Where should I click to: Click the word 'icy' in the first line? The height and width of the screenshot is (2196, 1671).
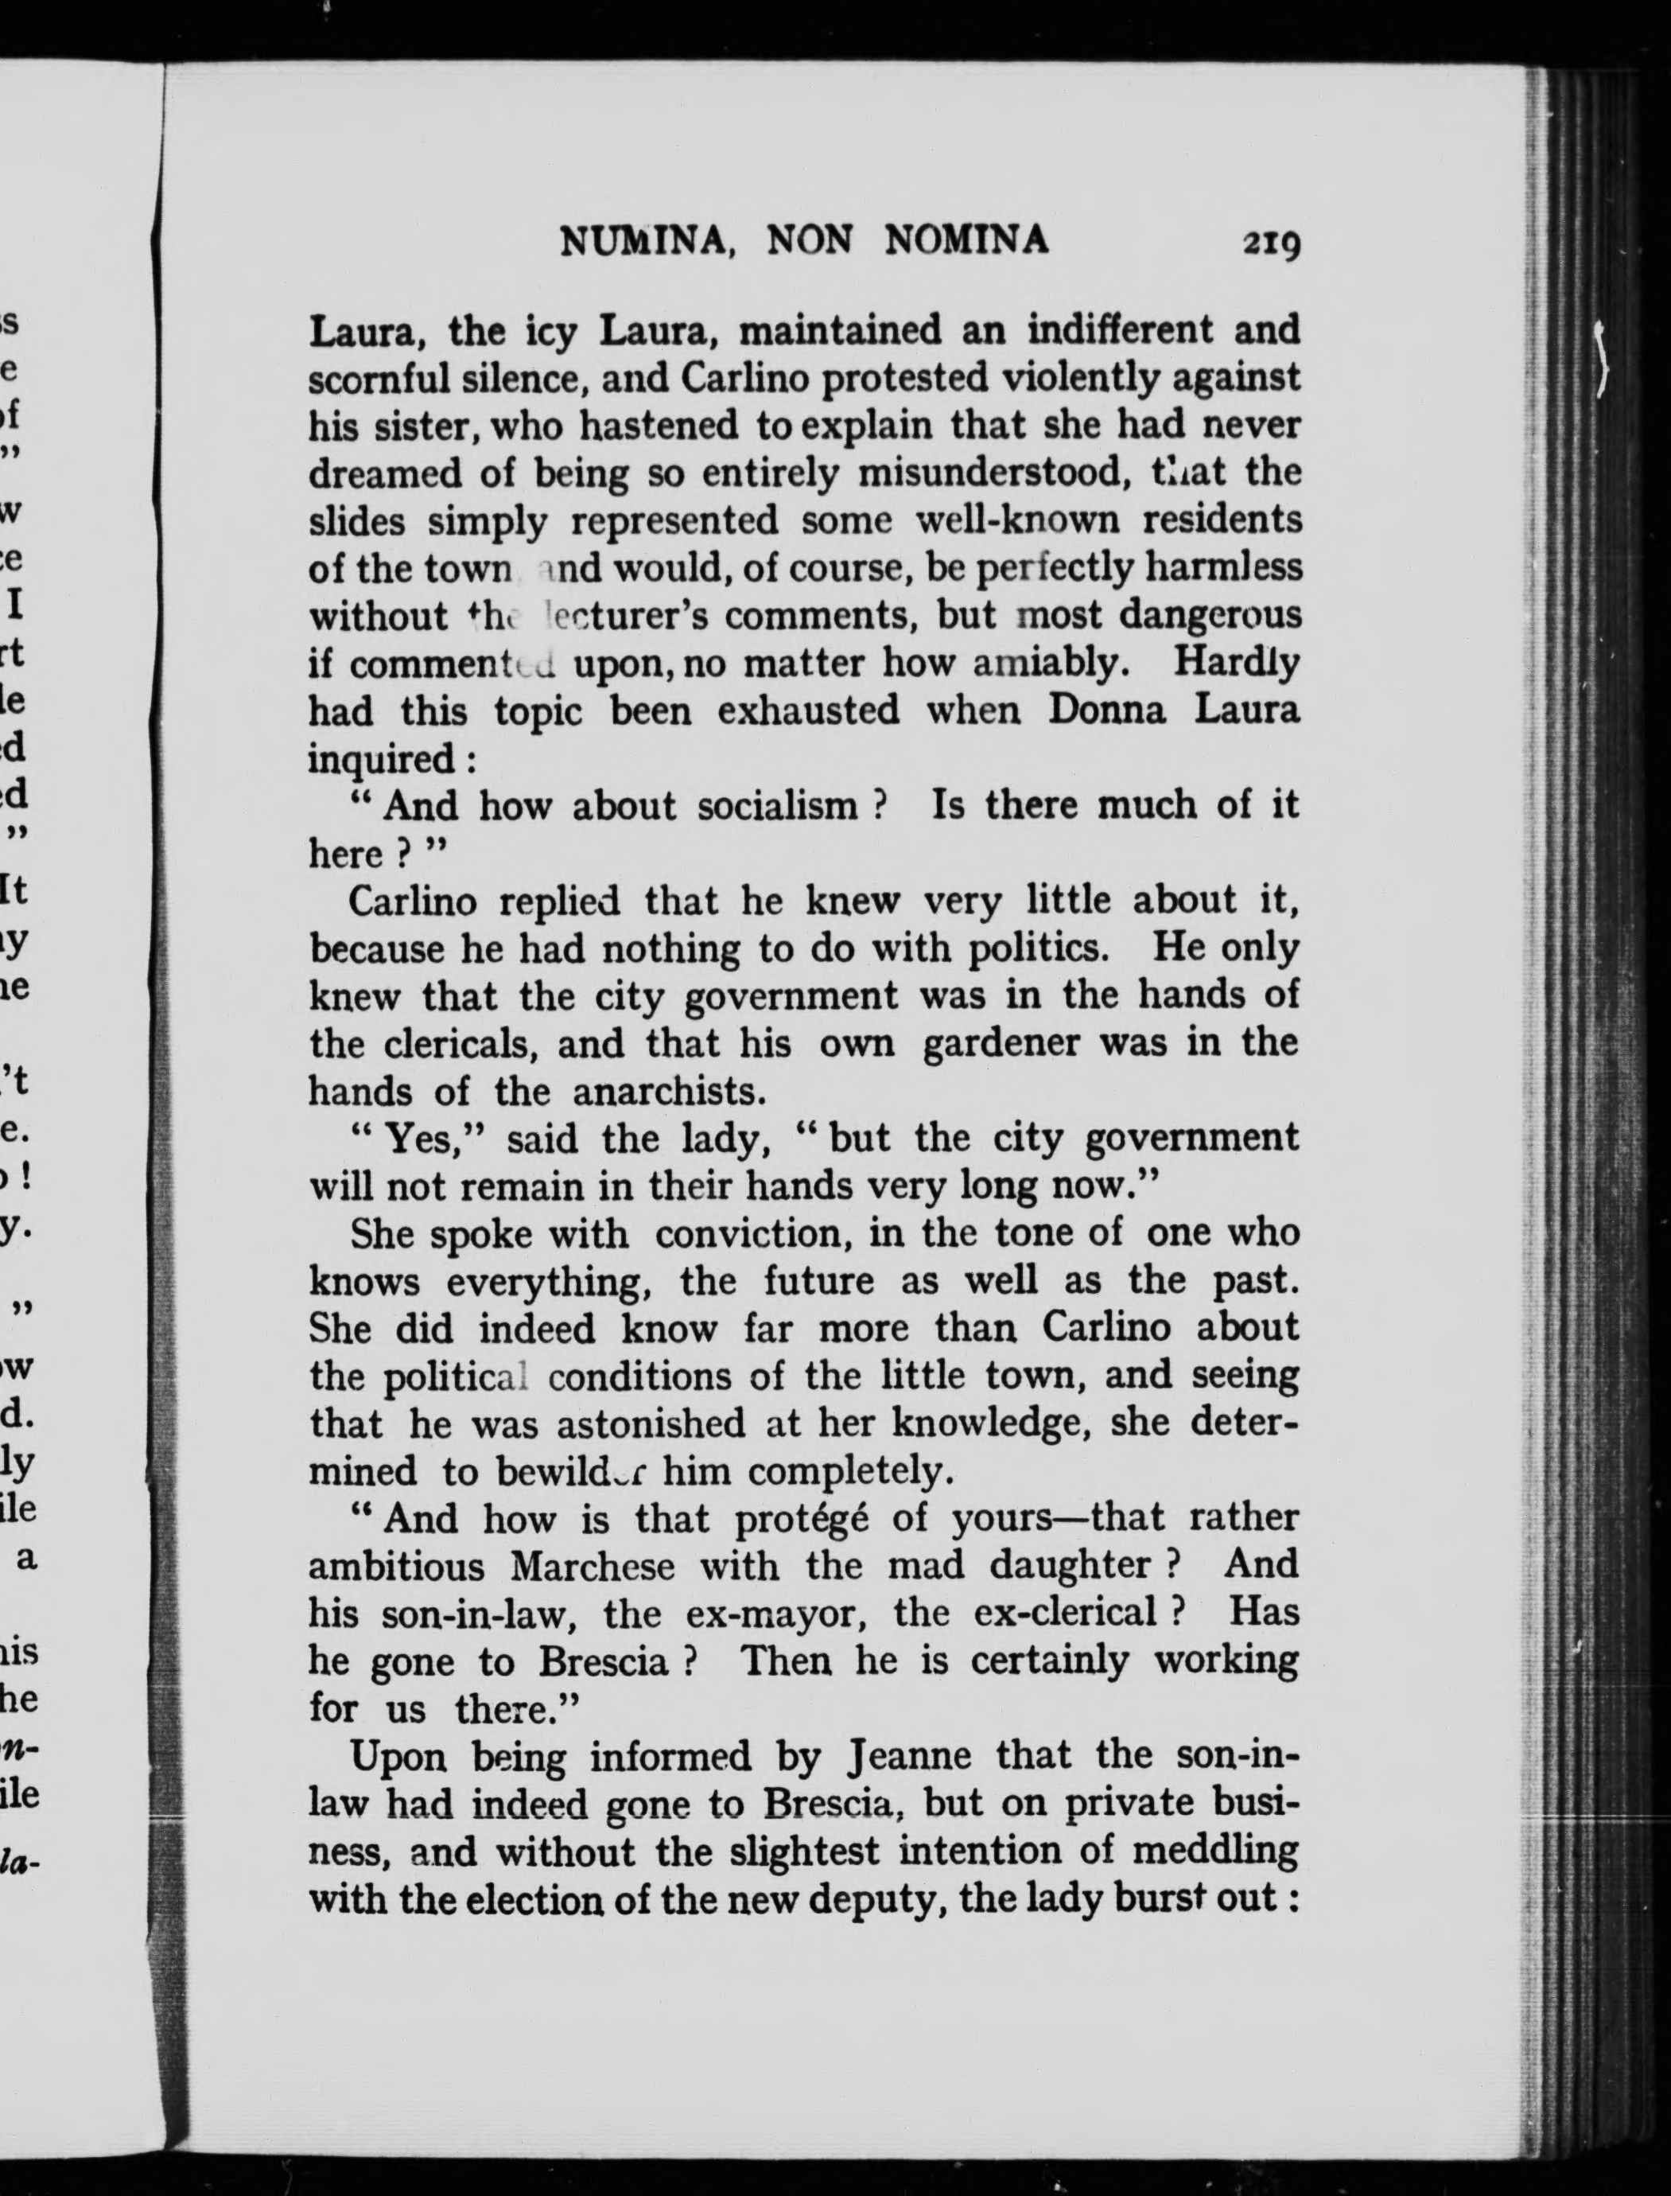(551, 331)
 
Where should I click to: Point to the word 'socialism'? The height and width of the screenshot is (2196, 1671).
(778, 806)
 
